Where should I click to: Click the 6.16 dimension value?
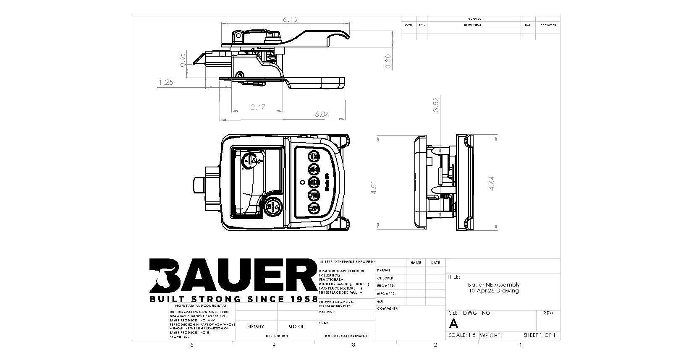pos(290,20)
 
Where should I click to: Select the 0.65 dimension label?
pos(182,60)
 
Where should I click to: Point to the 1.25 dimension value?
pos(166,83)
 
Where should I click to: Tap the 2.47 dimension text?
pos(258,107)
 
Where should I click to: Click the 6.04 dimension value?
pos(322,114)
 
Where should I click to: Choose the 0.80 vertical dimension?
pos(388,61)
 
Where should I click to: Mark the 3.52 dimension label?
pos(436,104)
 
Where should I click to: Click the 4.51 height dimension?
pos(374,187)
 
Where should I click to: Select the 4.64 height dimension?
pos(492,183)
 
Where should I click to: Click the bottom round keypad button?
pos(314,208)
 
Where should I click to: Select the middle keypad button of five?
pos(314,183)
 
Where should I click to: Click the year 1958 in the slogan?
pos(301,299)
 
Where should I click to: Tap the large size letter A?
pos(453,323)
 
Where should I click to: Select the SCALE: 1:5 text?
pos(462,335)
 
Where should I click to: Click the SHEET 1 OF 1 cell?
pos(539,335)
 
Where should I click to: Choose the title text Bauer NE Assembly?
pos(494,284)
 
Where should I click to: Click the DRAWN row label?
pos(383,270)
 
